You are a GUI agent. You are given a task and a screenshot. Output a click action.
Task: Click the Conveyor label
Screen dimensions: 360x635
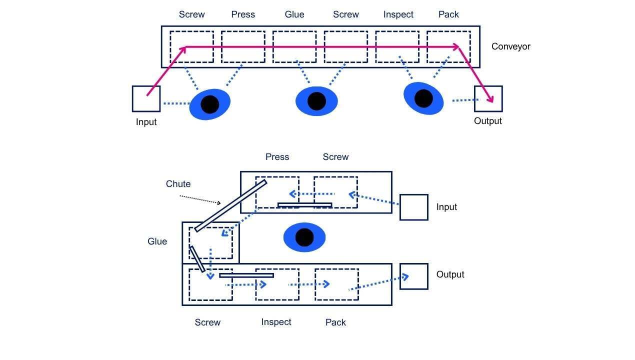click(510, 46)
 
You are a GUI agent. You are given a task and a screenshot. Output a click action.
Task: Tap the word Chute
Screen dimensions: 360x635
click(178, 184)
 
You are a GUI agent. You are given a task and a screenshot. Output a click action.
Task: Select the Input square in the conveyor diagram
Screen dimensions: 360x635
click(146, 98)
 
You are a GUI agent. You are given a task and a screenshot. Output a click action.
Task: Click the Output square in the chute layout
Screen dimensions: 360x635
click(414, 276)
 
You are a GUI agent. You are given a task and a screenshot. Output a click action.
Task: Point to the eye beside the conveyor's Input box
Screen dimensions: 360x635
click(210, 104)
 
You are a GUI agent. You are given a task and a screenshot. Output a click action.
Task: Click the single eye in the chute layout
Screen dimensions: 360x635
click(304, 237)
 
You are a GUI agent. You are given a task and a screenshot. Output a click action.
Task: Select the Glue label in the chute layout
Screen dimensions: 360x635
click(157, 241)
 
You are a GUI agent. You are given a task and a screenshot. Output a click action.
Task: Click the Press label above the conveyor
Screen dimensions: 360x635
click(243, 14)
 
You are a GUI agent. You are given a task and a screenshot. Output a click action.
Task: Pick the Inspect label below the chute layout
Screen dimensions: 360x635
click(276, 322)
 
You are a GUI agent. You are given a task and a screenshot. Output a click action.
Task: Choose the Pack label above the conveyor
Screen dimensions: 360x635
click(448, 14)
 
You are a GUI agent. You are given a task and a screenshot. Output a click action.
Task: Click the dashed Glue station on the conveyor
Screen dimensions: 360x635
click(294, 47)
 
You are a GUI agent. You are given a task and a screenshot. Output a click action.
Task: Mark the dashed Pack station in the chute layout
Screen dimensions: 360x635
click(336, 284)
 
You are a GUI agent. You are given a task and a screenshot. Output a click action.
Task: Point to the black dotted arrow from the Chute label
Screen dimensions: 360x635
click(200, 199)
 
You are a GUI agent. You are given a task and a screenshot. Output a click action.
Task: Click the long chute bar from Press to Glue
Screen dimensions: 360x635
click(230, 205)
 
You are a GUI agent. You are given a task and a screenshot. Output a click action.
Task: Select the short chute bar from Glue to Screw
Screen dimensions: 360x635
click(196, 258)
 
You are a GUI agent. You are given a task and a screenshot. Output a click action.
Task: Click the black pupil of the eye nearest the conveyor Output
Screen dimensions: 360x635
click(423, 98)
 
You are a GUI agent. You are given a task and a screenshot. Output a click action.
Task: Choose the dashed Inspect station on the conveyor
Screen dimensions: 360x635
click(397, 47)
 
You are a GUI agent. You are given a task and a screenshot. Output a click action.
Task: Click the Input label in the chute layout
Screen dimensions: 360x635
click(446, 207)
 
